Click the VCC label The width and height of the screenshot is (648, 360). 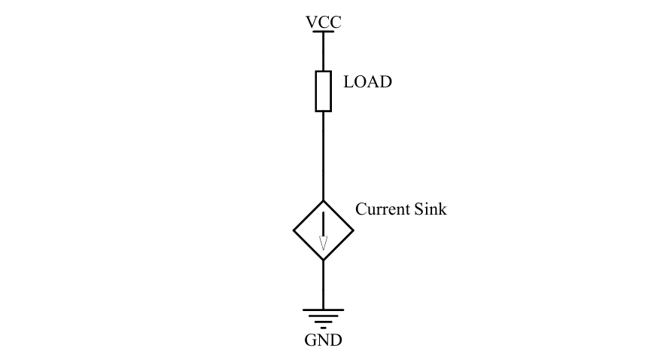[x=323, y=22]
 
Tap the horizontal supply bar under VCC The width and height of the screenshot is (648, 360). [x=323, y=32]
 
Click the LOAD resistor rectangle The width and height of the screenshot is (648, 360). [x=323, y=91]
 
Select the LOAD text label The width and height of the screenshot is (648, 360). [x=367, y=82]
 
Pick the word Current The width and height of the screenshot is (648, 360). [x=382, y=209]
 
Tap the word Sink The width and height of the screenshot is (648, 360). [x=430, y=209]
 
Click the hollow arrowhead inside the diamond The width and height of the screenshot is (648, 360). [x=323, y=243]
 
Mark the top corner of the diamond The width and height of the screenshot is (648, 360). [x=323, y=201]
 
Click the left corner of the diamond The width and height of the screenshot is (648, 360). [x=294, y=230]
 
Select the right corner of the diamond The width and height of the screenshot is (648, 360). [x=353, y=230]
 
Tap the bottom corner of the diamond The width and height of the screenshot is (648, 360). [x=323, y=260]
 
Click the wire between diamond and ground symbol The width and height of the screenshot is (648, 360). [x=323, y=285]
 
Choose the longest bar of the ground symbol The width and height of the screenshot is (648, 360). [x=323, y=310]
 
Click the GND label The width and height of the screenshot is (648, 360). [x=323, y=340]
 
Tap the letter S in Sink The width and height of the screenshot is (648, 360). [x=419, y=209]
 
